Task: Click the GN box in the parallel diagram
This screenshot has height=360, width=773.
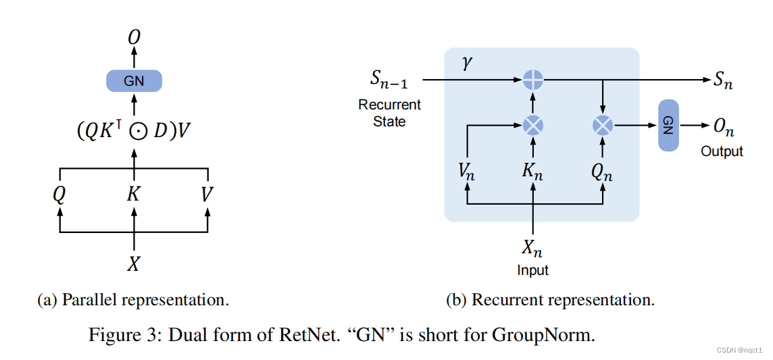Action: click(134, 81)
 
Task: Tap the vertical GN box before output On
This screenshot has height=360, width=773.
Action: click(668, 125)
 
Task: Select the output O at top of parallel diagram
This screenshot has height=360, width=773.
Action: click(134, 38)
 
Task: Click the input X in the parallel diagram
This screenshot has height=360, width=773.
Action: click(134, 263)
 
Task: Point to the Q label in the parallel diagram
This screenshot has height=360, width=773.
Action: click(59, 195)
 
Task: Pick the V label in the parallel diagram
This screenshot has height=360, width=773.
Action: click(207, 195)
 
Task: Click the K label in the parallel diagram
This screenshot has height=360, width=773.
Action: click(134, 195)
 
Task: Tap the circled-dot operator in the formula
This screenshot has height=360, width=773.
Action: click(136, 130)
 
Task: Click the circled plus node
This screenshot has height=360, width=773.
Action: click(534, 80)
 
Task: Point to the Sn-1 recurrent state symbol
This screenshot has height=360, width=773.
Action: click(389, 80)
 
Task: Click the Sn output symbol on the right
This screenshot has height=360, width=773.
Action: click(722, 80)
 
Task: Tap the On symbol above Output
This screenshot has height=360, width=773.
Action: click(721, 126)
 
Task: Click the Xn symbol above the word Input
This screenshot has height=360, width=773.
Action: click(532, 249)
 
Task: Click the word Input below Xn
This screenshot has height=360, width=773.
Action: click(532, 270)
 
